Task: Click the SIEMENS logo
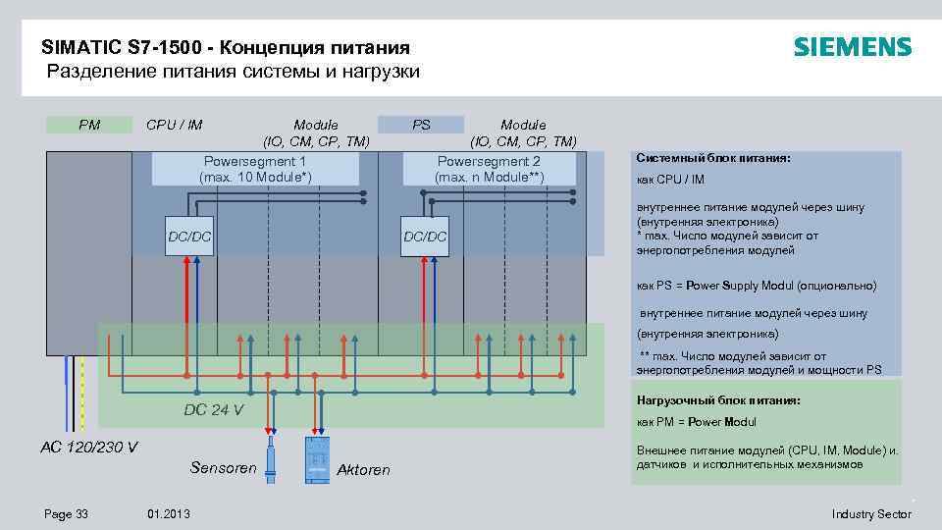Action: point(852,47)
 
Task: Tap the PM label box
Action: point(89,125)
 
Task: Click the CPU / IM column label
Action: point(174,125)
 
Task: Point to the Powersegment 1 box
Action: point(255,169)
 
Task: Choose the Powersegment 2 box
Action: point(489,169)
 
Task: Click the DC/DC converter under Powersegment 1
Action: point(189,237)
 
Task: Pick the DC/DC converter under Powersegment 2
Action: point(425,237)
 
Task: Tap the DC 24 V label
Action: point(214,409)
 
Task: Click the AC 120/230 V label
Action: point(88,448)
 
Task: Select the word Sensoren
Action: point(223,467)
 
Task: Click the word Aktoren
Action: point(363,470)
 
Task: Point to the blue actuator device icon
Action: point(317,458)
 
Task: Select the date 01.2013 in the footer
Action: point(169,514)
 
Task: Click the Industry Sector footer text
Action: point(870,514)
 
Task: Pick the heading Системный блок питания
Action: point(700,158)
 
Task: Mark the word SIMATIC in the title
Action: point(83,47)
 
